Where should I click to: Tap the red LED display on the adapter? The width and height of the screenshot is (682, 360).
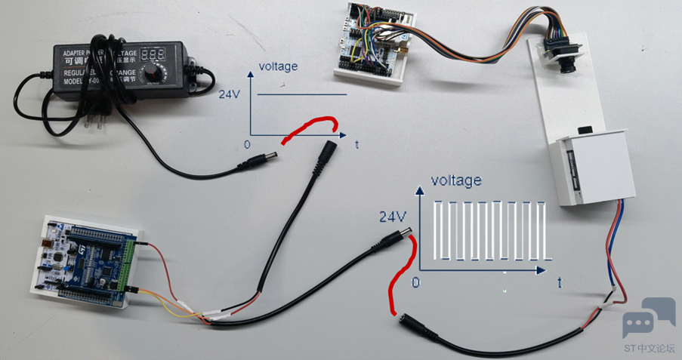tap(153, 55)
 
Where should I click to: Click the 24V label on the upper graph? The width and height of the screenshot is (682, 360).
tap(230, 95)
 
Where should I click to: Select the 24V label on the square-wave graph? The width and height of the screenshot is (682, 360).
tap(393, 217)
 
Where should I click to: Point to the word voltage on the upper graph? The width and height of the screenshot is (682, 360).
tap(278, 66)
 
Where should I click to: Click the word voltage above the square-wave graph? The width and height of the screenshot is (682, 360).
tap(455, 180)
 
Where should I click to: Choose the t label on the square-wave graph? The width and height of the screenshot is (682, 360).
tap(559, 282)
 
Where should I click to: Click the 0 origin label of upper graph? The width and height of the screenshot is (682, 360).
tap(247, 144)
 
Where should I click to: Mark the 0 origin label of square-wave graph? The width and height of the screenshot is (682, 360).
tap(414, 282)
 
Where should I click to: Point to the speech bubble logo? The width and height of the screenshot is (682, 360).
tap(649, 317)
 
